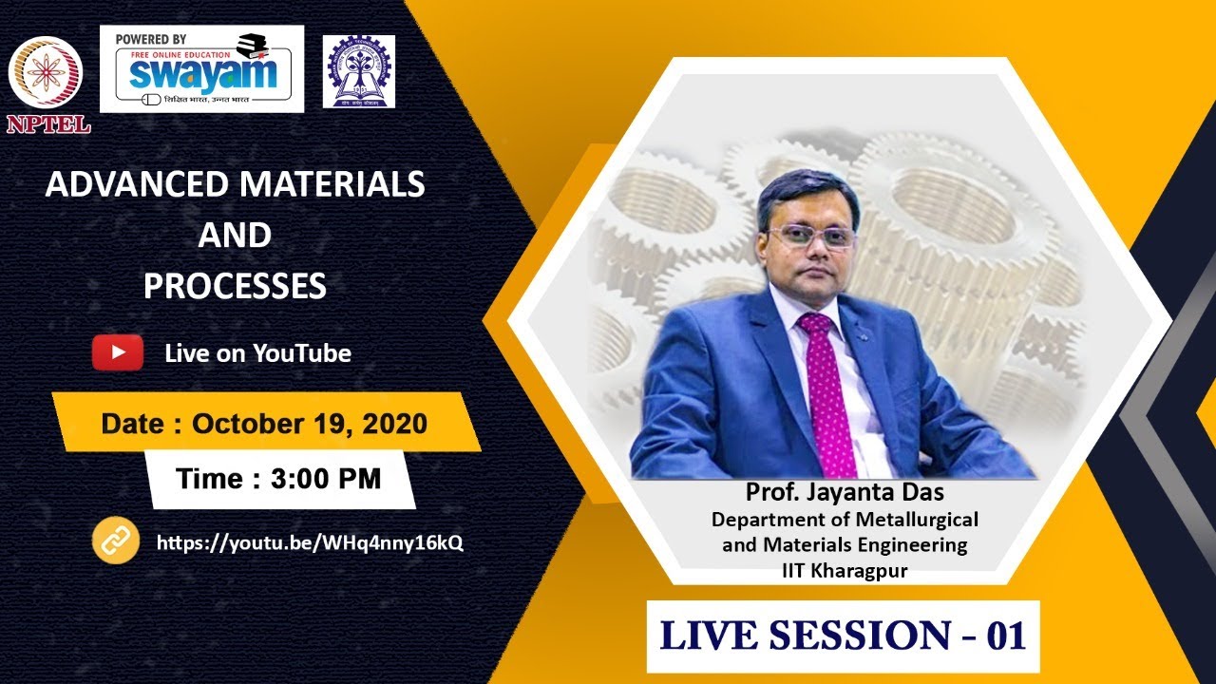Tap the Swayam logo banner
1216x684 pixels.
pyautogui.click(x=201, y=69)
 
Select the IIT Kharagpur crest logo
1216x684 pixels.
pyautogui.click(x=358, y=71)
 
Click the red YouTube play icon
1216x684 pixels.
pyautogui.click(x=117, y=352)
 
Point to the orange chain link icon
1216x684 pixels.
pyautogui.click(x=115, y=541)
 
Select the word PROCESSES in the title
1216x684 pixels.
pyautogui.click(x=235, y=285)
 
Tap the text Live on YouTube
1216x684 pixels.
pyautogui.click(x=257, y=353)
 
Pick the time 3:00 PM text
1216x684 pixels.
pyautogui.click(x=325, y=479)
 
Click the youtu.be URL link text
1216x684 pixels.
pyautogui.click(x=310, y=542)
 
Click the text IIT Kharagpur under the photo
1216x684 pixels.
pyautogui.click(x=845, y=570)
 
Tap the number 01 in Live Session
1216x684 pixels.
pyautogui.click(x=1006, y=636)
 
